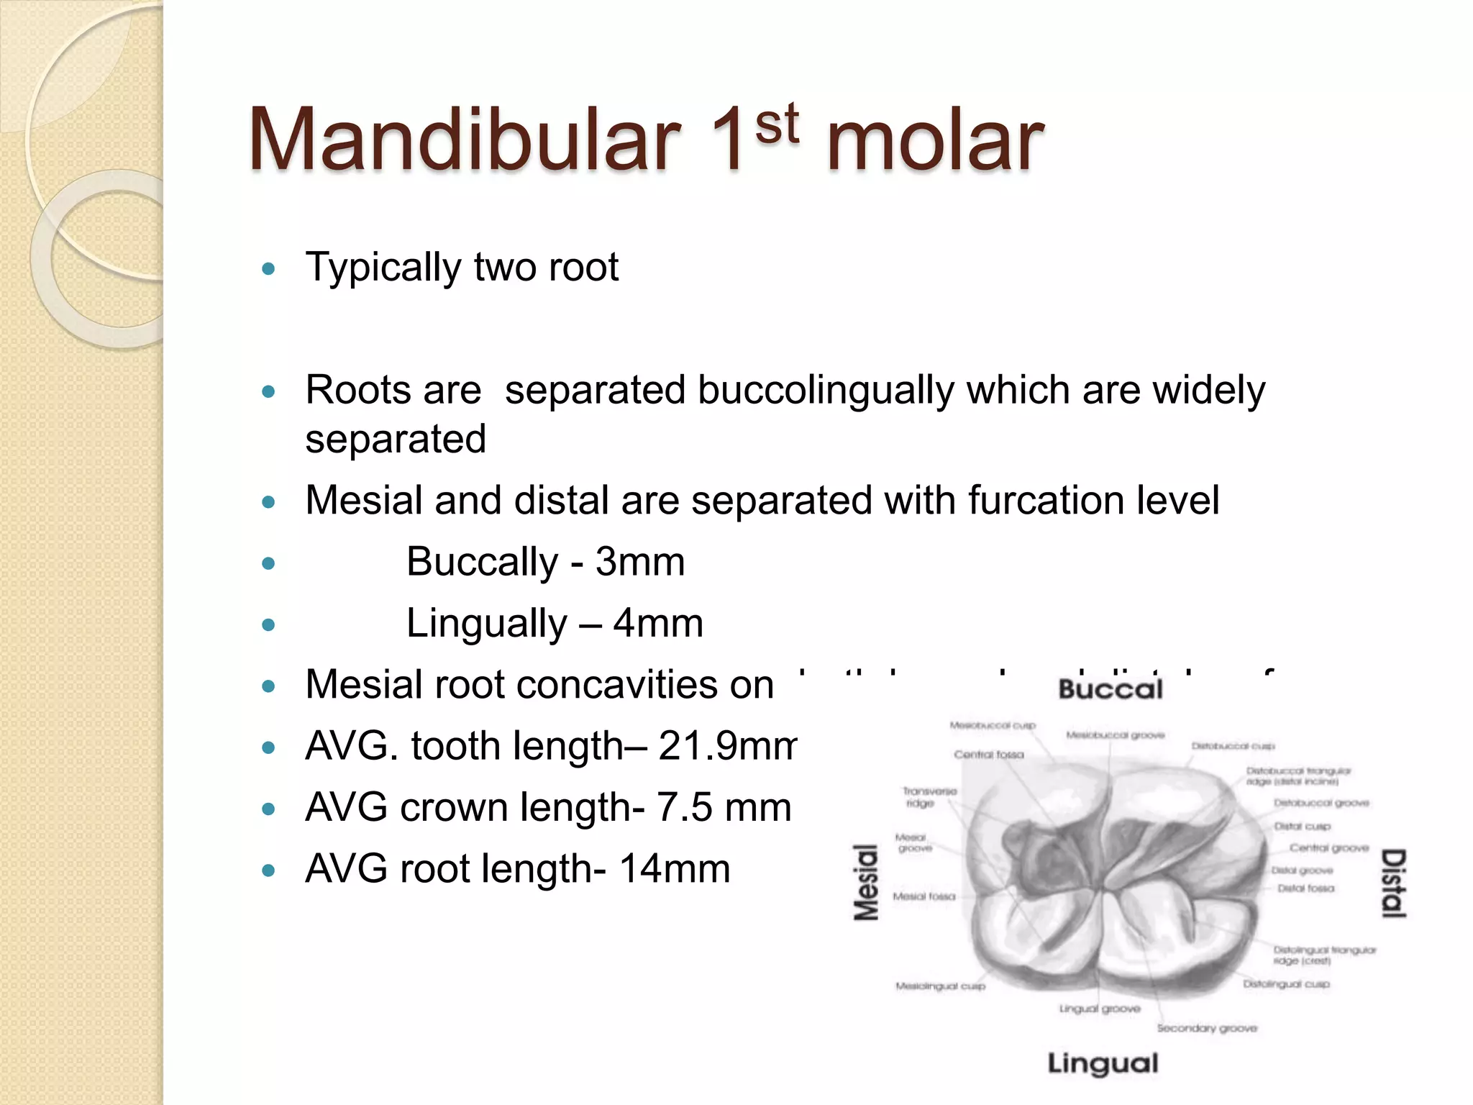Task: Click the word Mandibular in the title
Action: (x=464, y=140)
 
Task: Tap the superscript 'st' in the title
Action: (x=777, y=124)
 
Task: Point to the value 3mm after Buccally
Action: (x=639, y=562)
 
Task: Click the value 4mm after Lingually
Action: (x=657, y=623)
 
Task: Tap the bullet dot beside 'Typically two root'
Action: (x=269, y=270)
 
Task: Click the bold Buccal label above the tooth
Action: (x=1110, y=690)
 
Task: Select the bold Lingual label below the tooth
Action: (x=1103, y=1063)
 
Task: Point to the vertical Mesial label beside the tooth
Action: (x=866, y=883)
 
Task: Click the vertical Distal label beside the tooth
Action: (x=1394, y=883)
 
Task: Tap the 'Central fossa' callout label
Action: (x=988, y=755)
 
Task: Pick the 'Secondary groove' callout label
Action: (x=1207, y=1028)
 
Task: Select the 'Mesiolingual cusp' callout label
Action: (x=940, y=986)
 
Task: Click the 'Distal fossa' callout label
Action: (x=1305, y=888)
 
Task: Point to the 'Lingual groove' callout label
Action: (x=1100, y=1009)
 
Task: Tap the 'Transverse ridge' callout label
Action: (x=929, y=797)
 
